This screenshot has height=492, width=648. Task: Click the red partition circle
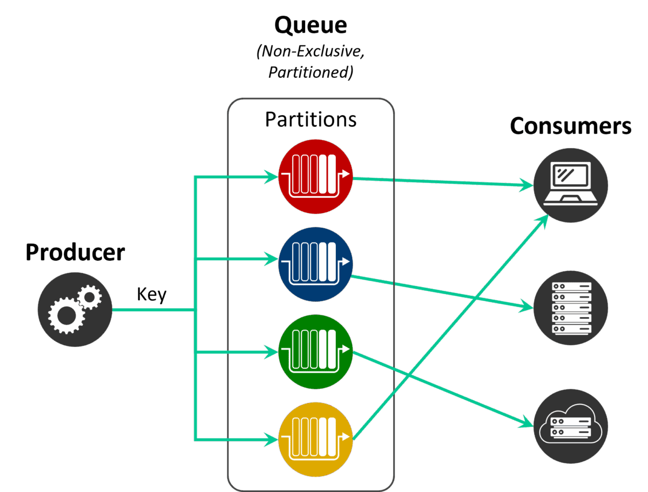(315, 177)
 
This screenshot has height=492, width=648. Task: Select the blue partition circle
(315, 264)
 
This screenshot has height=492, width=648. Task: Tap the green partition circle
(315, 352)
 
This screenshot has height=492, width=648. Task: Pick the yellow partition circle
(315, 440)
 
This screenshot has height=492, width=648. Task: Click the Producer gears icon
(75, 309)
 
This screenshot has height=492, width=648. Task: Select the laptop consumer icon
(570, 185)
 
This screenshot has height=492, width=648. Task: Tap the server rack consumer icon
(570, 308)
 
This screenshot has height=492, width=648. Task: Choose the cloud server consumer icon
(570, 426)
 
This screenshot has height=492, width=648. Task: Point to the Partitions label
(310, 119)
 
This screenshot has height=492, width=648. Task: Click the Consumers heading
(570, 126)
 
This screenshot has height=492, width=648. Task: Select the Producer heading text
(75, 252)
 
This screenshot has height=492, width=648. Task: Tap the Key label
(151, 294)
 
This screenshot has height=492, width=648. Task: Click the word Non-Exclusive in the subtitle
(310, 51)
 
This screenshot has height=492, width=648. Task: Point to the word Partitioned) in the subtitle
(310, 72)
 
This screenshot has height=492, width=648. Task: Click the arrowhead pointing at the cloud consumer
(526, 422)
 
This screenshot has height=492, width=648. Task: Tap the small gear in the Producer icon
(90, 297)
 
